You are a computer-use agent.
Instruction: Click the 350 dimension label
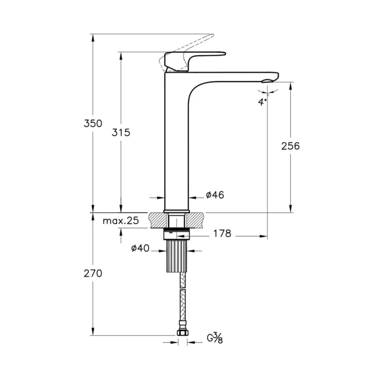(92, 123)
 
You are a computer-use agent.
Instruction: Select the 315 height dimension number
(121, 132)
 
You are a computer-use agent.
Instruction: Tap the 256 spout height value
(290, 146)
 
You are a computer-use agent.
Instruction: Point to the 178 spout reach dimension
(222, 234)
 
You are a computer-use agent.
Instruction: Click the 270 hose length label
(92, 273)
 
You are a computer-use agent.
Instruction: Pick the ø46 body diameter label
(215, 195)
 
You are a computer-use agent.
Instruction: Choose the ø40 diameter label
(141, 248)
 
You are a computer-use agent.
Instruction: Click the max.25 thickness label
(122, 221)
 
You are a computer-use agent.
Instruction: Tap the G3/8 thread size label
(215, 339)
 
